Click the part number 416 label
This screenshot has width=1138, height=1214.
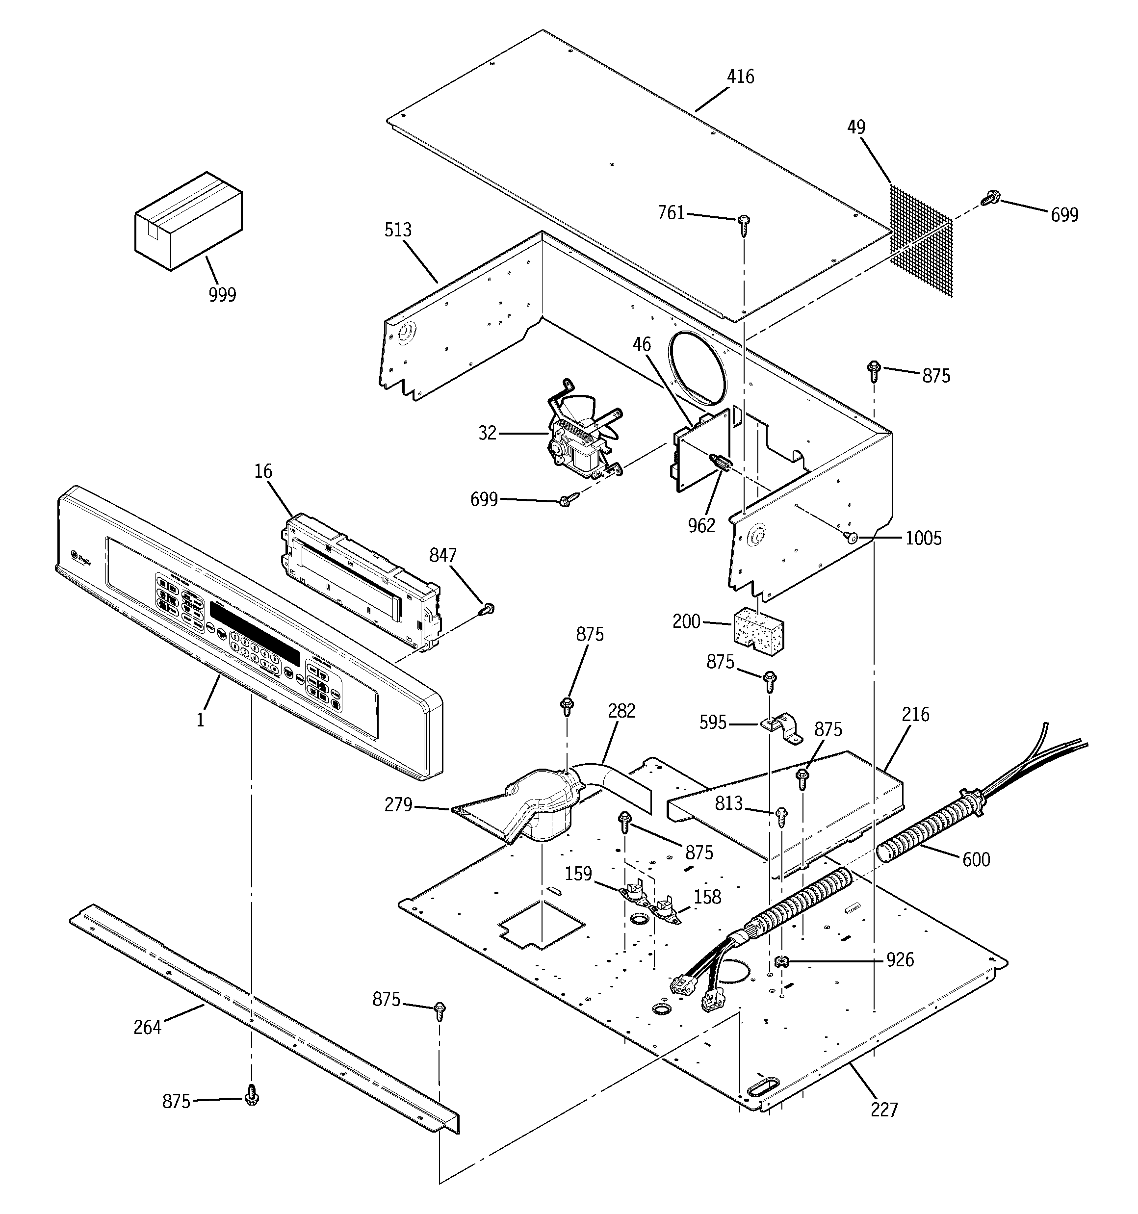coord(740,77)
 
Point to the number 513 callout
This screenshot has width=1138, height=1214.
coord(398,230)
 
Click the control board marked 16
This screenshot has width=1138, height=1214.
coord(361,580)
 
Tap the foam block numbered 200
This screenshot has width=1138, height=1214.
coord(758,630)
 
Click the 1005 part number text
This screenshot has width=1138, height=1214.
coord(923,539)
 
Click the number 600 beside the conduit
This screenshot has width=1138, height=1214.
coord(976,860)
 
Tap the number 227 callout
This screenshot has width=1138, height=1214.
coord(884,1110)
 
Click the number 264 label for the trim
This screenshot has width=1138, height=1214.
coord(147,1027)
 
